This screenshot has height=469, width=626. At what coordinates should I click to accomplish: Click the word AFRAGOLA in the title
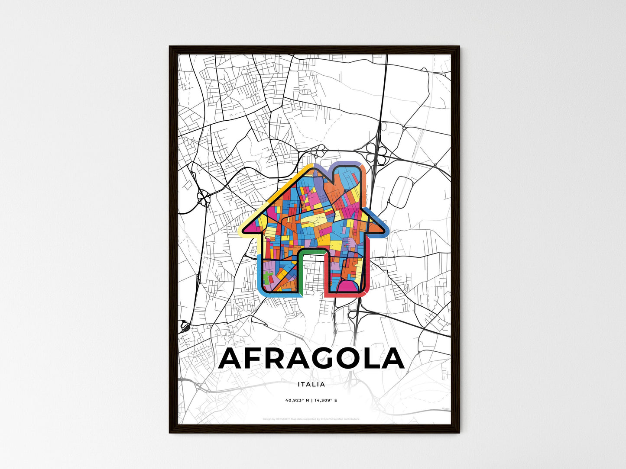(311, 359)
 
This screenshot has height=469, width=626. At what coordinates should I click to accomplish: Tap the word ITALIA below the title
(311, 384)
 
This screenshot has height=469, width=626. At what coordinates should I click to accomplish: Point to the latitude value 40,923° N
(297, 400)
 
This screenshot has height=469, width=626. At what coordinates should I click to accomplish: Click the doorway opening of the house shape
(312, 277)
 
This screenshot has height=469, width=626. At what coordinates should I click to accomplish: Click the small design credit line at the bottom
(311, 419)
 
